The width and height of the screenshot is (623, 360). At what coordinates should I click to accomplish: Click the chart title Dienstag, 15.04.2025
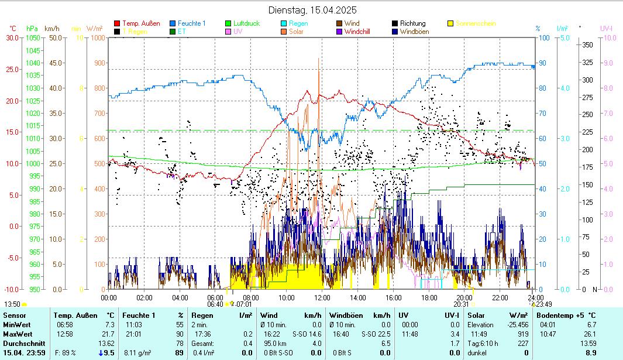coord(312,10)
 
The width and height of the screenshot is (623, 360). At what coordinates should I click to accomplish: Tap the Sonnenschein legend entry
coord(476,23)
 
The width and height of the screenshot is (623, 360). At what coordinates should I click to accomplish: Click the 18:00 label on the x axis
coord(429,297)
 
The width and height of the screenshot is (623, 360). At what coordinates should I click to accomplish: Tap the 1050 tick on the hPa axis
coord(33,38)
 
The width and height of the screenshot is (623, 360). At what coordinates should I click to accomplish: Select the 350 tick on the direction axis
coord(588,45)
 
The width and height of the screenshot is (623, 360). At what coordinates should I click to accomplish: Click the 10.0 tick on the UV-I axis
coord(608,38)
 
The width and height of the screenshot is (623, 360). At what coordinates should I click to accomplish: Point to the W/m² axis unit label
coord(95,28)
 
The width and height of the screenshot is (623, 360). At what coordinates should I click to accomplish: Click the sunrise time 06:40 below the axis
coord(215,304)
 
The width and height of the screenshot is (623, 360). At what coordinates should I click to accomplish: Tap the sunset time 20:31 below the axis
coord(461,304)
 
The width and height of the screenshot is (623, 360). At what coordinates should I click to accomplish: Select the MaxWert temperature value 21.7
coord(109,334)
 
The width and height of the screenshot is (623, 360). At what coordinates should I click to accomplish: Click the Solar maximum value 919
coord(523,334)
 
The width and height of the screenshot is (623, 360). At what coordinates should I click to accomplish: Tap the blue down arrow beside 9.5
coord(101,353)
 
